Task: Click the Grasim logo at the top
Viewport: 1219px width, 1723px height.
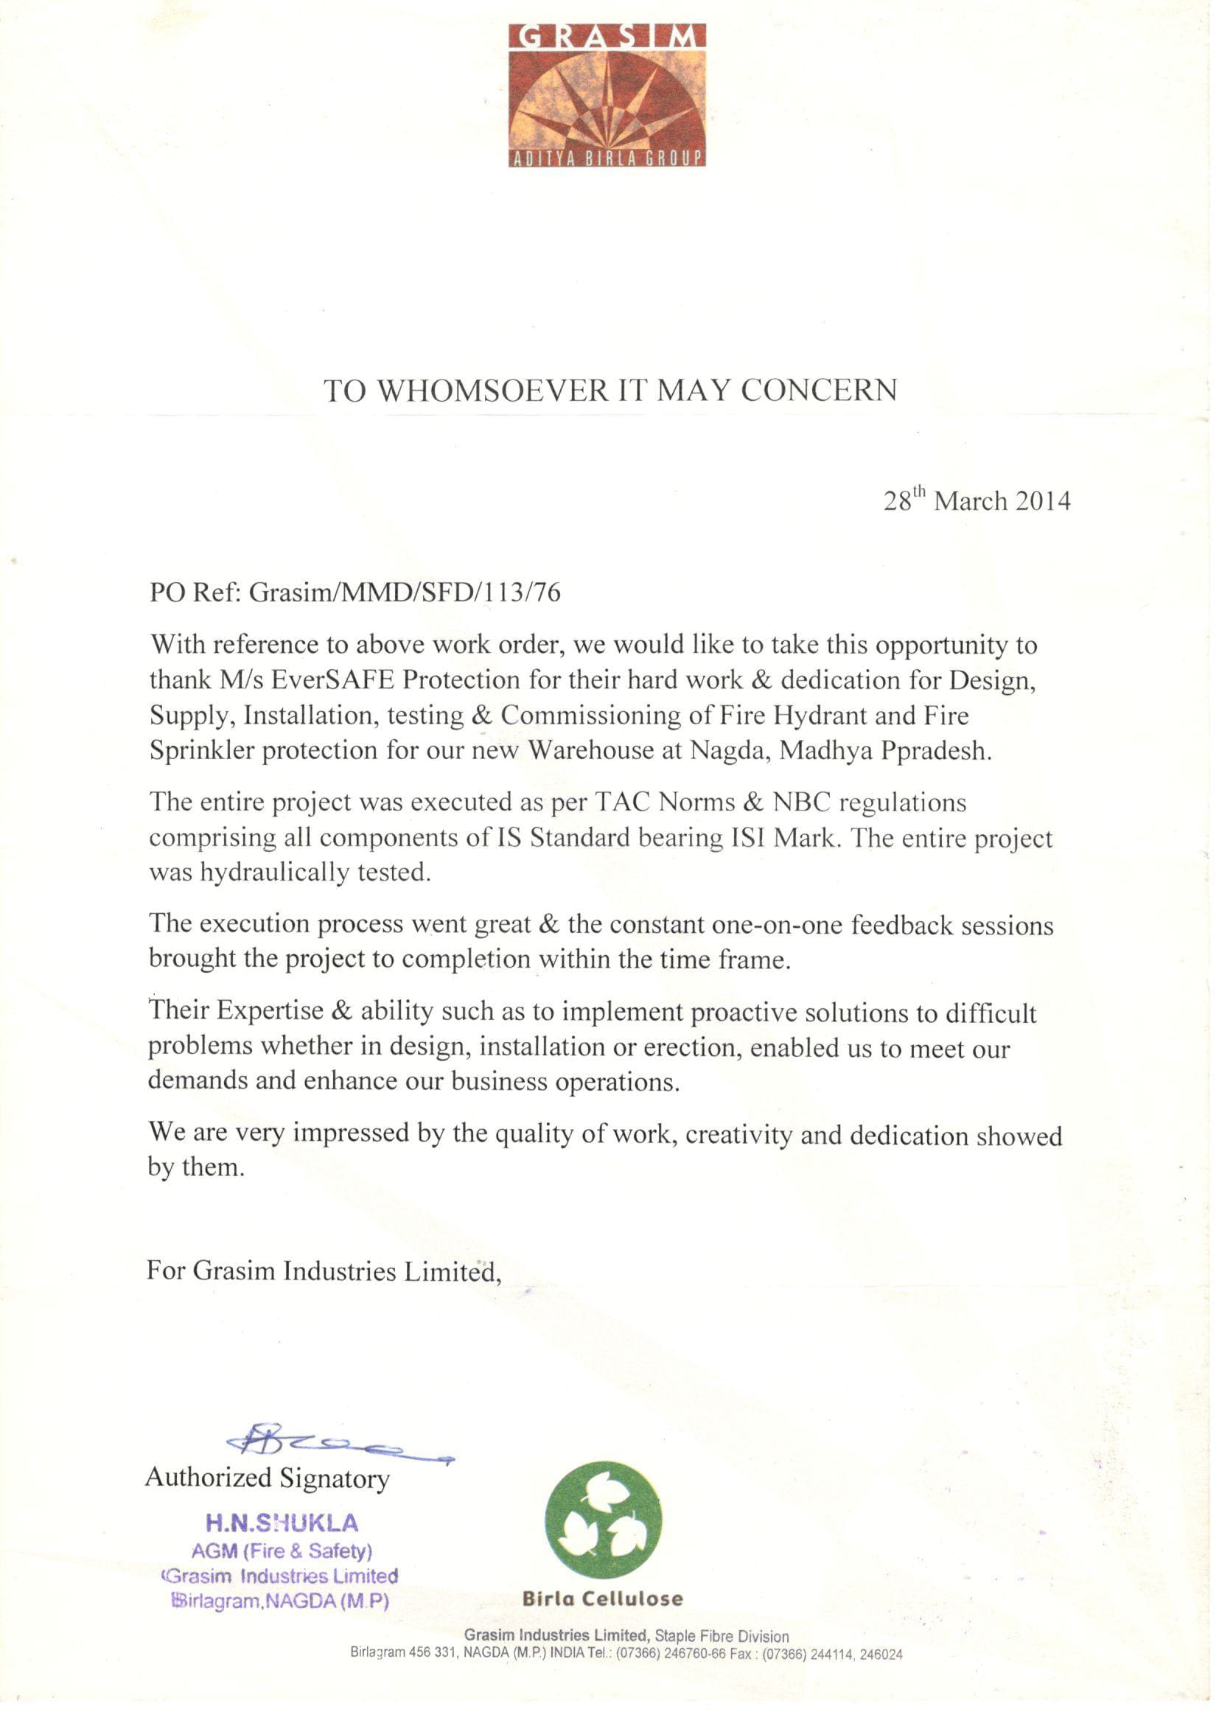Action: [607, 94]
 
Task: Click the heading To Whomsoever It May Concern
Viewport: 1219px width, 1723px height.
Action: [610, 391]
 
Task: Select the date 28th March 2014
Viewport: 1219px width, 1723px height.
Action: [977, 500]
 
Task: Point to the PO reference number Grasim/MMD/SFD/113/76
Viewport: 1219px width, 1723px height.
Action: [405, 593]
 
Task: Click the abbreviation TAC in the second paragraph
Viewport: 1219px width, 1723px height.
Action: [625, 803]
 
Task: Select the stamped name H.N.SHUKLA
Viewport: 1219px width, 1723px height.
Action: [282, 1523]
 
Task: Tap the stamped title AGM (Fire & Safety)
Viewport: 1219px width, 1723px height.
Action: [282, 1551]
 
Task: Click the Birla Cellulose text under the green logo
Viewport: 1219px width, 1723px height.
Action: [603, 1598]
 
